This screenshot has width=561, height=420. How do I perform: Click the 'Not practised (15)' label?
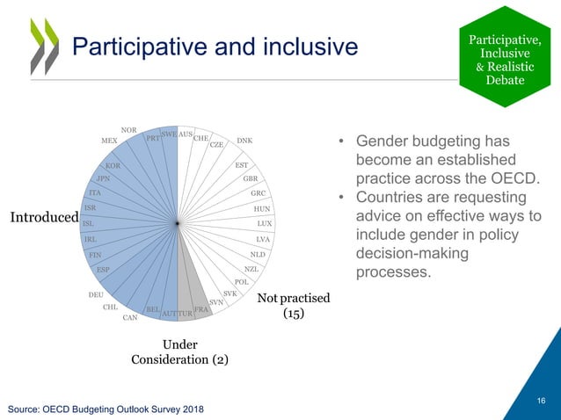293,305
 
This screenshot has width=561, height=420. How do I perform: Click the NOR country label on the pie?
128,130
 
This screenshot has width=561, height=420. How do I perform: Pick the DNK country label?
244,141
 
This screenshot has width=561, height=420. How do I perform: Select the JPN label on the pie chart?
102,178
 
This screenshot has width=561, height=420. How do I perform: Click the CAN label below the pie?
130,317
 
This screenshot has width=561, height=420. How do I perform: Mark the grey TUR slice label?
185,313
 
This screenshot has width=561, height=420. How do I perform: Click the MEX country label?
109,141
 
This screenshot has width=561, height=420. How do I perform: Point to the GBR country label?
250,178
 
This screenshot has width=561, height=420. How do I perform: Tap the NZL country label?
251,269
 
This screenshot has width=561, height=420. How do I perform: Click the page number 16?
541,402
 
